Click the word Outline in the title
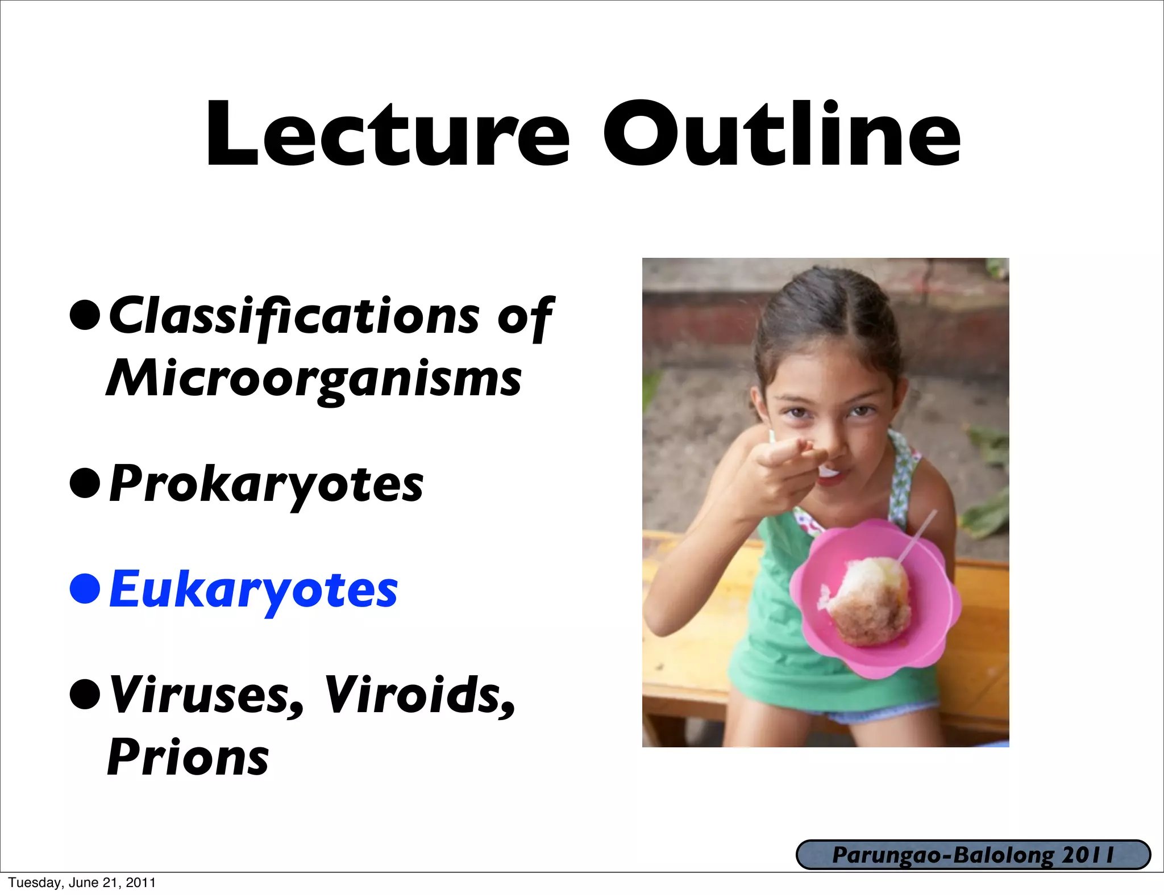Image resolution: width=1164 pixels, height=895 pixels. [x=781, y=135]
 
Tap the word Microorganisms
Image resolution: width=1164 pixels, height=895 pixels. [x=314, y=379]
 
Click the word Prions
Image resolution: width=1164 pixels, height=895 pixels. [x=188, y=758]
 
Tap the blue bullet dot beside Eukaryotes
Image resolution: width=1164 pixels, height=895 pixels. [x=85, y=589]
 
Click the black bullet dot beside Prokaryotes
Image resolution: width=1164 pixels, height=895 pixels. [x=85, y=483]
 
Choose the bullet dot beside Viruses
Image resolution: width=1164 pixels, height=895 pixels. [x=85, y=695]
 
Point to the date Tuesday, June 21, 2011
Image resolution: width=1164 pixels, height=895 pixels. [x=82, y=883]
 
